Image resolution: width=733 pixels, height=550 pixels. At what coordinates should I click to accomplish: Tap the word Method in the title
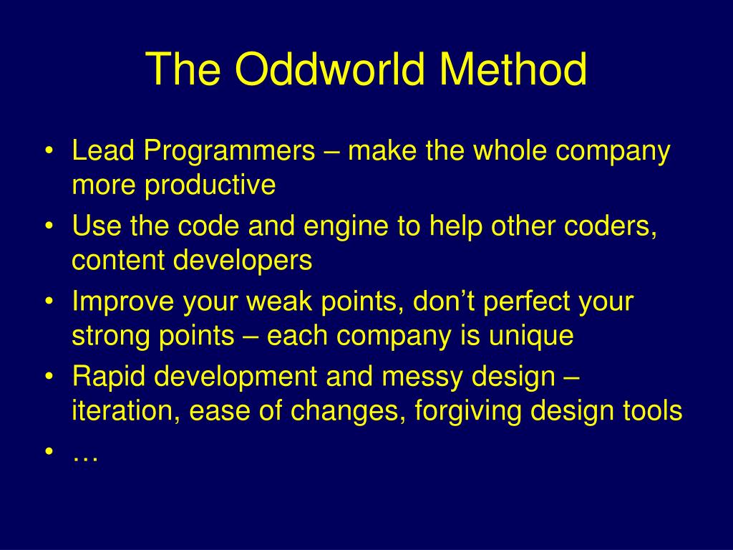(513, 69)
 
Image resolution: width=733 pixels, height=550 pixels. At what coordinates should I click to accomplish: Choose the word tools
(653, 410)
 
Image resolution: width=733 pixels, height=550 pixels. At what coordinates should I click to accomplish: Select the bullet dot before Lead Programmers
(49, 150)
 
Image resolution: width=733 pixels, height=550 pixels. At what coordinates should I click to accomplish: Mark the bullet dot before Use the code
(49, 226)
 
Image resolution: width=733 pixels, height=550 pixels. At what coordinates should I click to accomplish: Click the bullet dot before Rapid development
(49, 375)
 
